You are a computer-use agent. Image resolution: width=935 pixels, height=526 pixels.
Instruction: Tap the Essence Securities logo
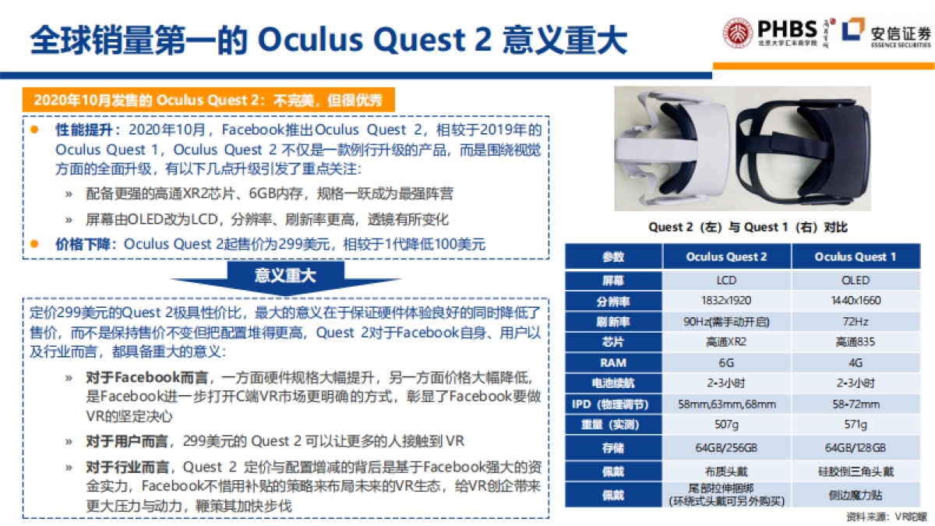[887, 34]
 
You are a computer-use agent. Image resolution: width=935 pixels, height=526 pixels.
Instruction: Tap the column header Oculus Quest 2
[726, 256]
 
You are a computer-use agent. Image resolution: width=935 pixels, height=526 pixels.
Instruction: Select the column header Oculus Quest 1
[855, 256]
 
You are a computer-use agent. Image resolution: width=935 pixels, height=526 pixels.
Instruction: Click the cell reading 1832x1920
[726, 300]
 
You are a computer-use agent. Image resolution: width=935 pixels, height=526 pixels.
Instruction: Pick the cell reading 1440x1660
[855, 300]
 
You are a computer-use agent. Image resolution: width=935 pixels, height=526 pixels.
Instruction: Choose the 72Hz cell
[855, 321]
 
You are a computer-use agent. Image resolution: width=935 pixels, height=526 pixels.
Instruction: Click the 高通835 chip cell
[855, 342]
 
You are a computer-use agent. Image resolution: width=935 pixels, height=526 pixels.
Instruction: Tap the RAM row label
[613, 362]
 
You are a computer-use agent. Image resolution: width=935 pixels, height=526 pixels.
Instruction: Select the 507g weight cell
[726, 425]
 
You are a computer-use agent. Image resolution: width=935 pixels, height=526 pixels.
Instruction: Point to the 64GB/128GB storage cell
[855, 448]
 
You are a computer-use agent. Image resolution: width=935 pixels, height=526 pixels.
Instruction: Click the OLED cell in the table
[855, 280]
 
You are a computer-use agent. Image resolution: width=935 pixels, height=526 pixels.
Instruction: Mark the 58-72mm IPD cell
[855, 404]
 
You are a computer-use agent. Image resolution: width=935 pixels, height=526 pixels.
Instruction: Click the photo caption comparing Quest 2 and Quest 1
[747, 228]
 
